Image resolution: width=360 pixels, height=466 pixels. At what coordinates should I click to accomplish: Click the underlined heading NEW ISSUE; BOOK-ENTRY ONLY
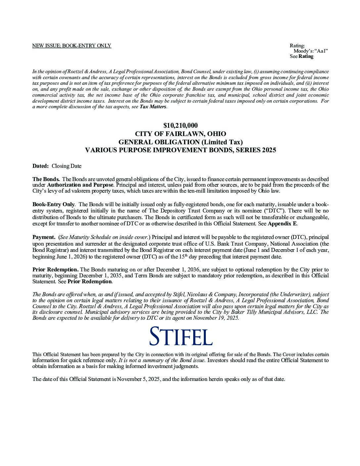(71, 46)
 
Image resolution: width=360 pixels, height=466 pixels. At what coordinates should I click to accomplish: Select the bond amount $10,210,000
(180, 125)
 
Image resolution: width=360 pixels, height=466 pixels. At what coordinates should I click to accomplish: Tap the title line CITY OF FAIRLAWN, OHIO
(180, 134)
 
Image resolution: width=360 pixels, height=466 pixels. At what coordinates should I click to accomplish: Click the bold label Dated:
(40, 166)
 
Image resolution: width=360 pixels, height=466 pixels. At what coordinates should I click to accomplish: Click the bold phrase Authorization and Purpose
(80, 185)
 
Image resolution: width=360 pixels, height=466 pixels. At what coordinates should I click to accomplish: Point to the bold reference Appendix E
(282, 223)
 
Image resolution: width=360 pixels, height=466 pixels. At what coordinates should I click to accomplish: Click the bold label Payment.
(44, 237)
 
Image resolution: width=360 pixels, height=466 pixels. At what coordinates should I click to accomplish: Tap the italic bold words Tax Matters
(153, 107)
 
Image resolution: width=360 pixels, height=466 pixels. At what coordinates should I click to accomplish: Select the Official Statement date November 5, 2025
(139, 379)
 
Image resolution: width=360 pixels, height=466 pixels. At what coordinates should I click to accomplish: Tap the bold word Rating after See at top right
(306, 56)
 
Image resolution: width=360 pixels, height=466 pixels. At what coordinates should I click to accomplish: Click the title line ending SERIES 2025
(180, 150)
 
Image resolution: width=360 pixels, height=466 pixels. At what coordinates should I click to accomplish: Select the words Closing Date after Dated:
(66, 166)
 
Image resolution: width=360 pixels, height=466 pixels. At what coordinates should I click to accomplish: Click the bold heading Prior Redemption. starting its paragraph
(55, 269)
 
